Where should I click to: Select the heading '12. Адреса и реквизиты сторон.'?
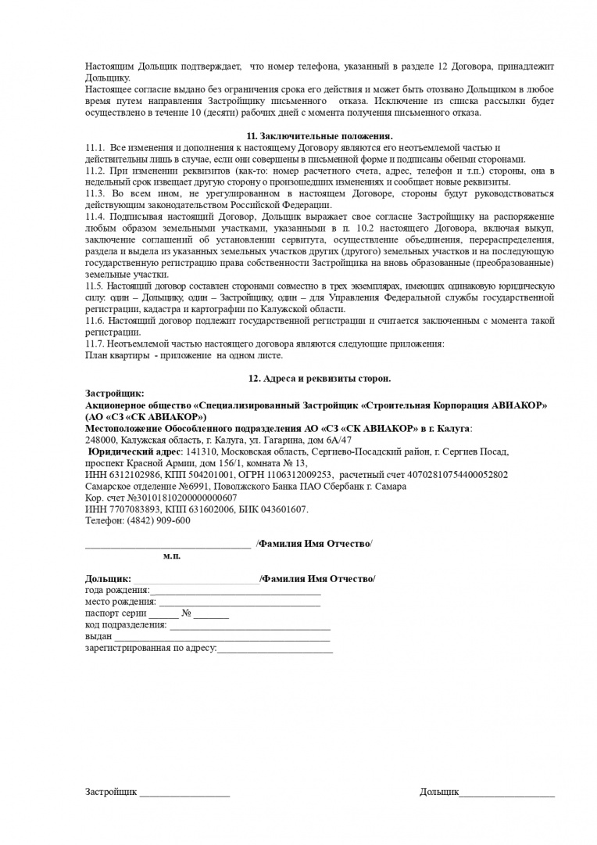click(320, 379)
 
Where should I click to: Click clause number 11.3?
click(95, 193)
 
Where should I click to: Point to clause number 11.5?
click(95, 286)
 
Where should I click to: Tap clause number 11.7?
click(95, 343)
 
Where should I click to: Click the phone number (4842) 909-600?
click(162, 521)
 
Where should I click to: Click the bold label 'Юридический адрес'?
click(134, 452)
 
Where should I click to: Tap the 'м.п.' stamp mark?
click(172, 556)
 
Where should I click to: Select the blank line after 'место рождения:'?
click(239, 602)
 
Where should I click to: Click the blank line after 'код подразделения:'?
click(250, 625)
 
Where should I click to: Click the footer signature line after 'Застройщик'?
click(184, 793)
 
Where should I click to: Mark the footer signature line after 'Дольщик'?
click(507, 793)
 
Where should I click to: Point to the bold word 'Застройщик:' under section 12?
click(115, 394)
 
